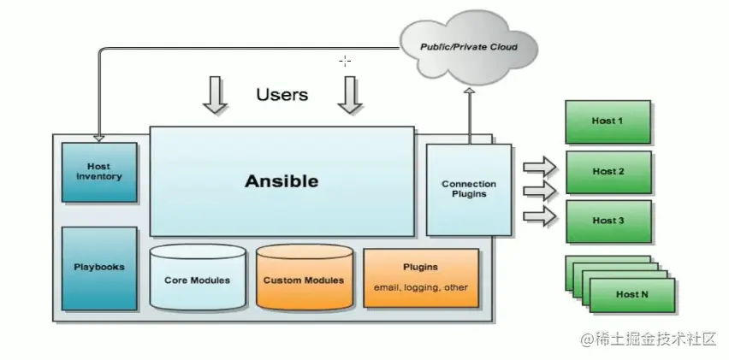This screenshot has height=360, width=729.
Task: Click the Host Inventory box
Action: (99, 172)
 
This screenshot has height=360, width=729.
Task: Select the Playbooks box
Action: (99, 268)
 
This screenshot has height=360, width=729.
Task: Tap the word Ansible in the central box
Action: (281, 181)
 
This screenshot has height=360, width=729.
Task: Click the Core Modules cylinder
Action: (197, 279)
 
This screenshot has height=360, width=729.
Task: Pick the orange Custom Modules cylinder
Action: (304, 279)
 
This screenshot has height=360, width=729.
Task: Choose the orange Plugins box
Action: (420, 278)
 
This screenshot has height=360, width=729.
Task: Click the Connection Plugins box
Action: (468, 189)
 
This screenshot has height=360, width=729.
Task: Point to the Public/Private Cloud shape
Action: (468, 46)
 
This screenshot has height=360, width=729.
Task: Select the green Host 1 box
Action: (607, 121)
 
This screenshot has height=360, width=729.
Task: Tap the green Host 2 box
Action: (607, 171)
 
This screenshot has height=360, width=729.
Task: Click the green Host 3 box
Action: (607, 221)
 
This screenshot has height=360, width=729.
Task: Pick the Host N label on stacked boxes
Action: (631, 294)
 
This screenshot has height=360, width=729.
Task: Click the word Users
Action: (282, 94)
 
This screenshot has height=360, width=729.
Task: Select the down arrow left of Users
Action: (215, 95)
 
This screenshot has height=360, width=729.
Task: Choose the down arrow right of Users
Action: (349, 95)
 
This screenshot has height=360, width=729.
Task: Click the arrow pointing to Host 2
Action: (539, 188)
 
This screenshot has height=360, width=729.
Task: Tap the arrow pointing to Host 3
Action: (539, 216)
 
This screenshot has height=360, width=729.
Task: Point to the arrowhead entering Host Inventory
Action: (98, 137)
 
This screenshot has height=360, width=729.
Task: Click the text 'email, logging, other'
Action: (420, 287)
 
